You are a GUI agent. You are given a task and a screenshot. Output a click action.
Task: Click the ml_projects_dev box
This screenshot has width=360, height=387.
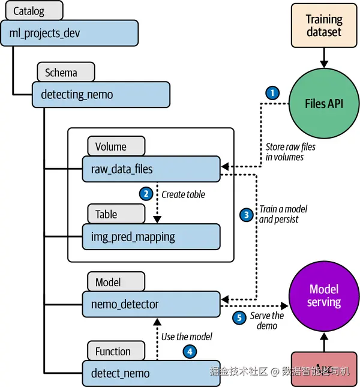coord(70,32)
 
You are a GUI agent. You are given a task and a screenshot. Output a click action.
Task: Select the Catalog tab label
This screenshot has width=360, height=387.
coord(29,10)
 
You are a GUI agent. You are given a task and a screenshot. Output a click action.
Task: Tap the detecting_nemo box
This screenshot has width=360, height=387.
coord(101,94)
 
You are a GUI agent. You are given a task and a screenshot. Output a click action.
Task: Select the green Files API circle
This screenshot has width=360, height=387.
coord(323,103)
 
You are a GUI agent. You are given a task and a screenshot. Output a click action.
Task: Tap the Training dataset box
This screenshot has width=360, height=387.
coord(323,26)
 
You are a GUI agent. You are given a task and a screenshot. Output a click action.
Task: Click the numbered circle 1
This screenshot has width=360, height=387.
coord(272,93)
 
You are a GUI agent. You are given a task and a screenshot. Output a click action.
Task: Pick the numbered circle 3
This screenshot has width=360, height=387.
coord(245,214)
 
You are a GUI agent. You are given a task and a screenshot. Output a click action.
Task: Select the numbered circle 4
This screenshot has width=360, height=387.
coord(190,352)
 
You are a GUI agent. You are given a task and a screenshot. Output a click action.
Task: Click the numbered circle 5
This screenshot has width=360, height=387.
coord(240,319)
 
